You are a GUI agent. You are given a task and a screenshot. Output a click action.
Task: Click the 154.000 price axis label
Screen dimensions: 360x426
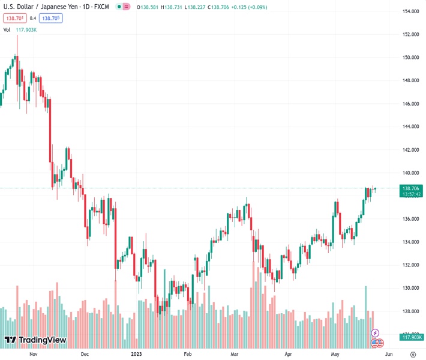pos(410,11)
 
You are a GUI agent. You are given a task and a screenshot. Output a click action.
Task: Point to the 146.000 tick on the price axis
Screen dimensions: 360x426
pos(410,104)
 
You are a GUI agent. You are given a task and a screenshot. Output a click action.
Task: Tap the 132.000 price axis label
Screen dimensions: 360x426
pos(410,265)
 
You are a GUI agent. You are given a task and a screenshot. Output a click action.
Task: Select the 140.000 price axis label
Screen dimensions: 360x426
pos(410,173)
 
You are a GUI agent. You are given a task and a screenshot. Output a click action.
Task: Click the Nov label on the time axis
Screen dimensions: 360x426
pos(33,355)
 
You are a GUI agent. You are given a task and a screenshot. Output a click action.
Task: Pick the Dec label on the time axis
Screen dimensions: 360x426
pos(85,355)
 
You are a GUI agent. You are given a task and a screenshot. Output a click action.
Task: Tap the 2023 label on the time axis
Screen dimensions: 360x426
pos(137,355)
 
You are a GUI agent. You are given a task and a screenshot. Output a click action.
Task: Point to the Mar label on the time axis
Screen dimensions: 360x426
pos(235,355)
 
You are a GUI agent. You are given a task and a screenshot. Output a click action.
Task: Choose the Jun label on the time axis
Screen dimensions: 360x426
pos(389,355)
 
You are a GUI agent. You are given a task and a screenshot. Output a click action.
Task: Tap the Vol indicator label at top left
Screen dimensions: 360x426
pos(7,29)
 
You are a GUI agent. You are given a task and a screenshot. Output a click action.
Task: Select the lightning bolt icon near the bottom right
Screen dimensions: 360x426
pos(376,333)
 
